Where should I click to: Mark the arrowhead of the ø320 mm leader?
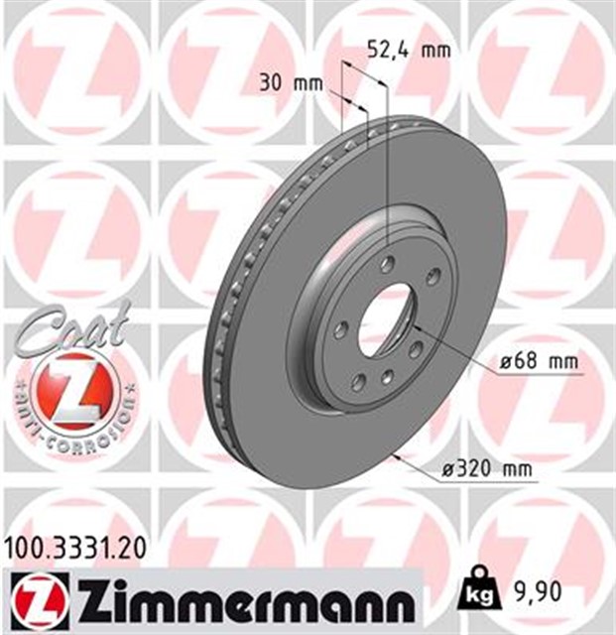tap(394, 455)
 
